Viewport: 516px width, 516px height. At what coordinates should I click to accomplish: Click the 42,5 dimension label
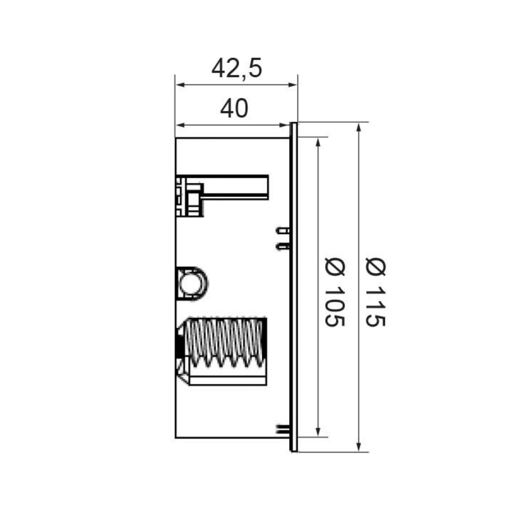237,68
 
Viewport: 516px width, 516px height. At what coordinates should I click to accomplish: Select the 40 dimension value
234,109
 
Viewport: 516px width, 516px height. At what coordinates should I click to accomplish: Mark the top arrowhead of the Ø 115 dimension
359,127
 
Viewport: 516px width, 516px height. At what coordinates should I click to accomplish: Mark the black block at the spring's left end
180,343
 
